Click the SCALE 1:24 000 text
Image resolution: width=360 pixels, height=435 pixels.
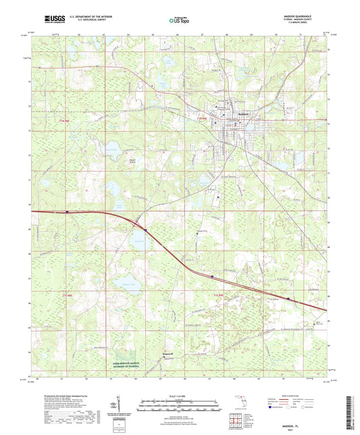pos(180,395)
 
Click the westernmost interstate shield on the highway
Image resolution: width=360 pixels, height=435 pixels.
pos(67,212)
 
